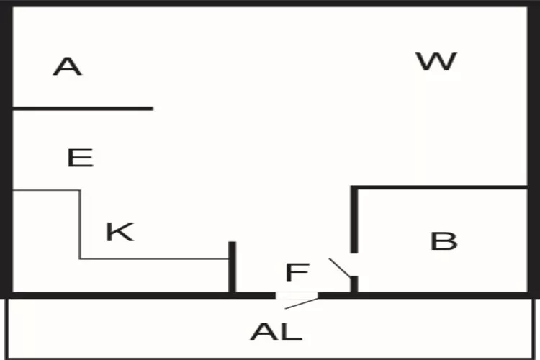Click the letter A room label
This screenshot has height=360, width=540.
click(x=67, y=67)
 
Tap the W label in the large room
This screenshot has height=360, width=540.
click(x=436, y=60)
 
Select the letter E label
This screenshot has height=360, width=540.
click(x=80, y=157)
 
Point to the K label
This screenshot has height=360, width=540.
click(x=120, y=232)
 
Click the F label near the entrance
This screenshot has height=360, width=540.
click(x=297, y=273)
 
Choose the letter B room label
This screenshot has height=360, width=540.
click(x=444, y=240)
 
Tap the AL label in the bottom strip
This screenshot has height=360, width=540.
click(x=276, y=332)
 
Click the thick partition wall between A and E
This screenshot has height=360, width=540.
click(x=83, y=109)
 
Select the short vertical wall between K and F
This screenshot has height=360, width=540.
click(x=232, y=267)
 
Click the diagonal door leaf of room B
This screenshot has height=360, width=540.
click(x=340, y=268)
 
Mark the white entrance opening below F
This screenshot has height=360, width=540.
click(x=297, y=295)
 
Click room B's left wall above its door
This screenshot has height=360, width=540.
click(x=354, y=220)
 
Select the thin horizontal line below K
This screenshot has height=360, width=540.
click(x=154, y=258)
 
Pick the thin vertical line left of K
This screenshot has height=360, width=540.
click(x=79, y=224)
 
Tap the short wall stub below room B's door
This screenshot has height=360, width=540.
click(x=354, y=284)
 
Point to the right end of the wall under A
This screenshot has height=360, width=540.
click(x=150, y=109)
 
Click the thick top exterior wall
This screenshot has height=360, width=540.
click(x=270, y=4)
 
